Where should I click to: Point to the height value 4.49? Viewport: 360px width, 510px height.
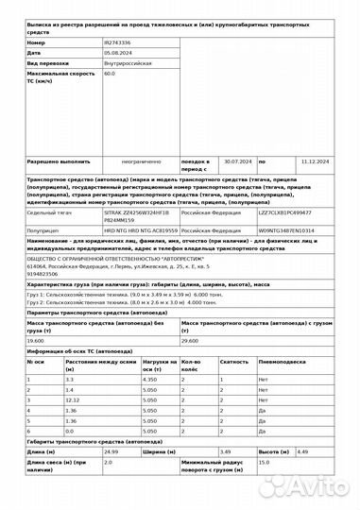302,450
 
